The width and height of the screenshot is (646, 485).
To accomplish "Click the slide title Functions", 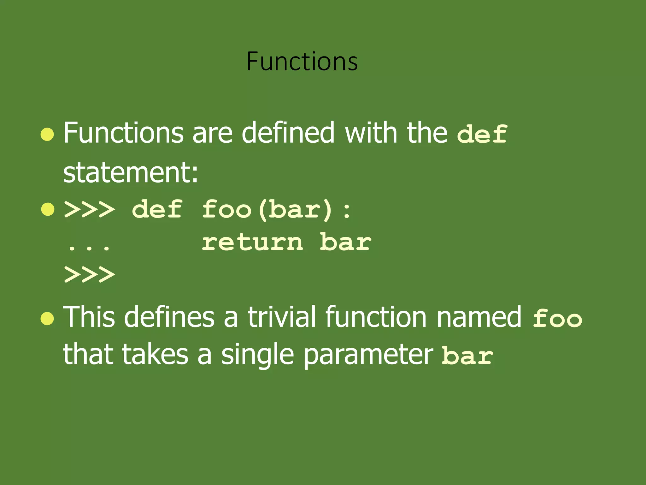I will pos(302,61).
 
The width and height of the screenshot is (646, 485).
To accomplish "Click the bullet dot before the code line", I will pos(47,210).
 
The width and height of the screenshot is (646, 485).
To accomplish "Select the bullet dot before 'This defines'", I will pos(47,319).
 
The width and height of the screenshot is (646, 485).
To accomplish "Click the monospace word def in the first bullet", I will pos(482,134).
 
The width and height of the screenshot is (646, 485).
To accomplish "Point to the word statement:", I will pos(131,173).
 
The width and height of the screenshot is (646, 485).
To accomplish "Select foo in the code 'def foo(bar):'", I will pos(226,210).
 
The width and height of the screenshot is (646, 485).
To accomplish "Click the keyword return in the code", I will pos(252,242).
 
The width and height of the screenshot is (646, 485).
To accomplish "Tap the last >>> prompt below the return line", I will pos(89,274).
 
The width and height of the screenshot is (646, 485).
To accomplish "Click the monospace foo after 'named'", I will pos(557,318).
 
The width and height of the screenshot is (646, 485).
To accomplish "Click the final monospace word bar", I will pos(467,356).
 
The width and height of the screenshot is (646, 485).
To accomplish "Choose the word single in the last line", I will pos(257,355).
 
